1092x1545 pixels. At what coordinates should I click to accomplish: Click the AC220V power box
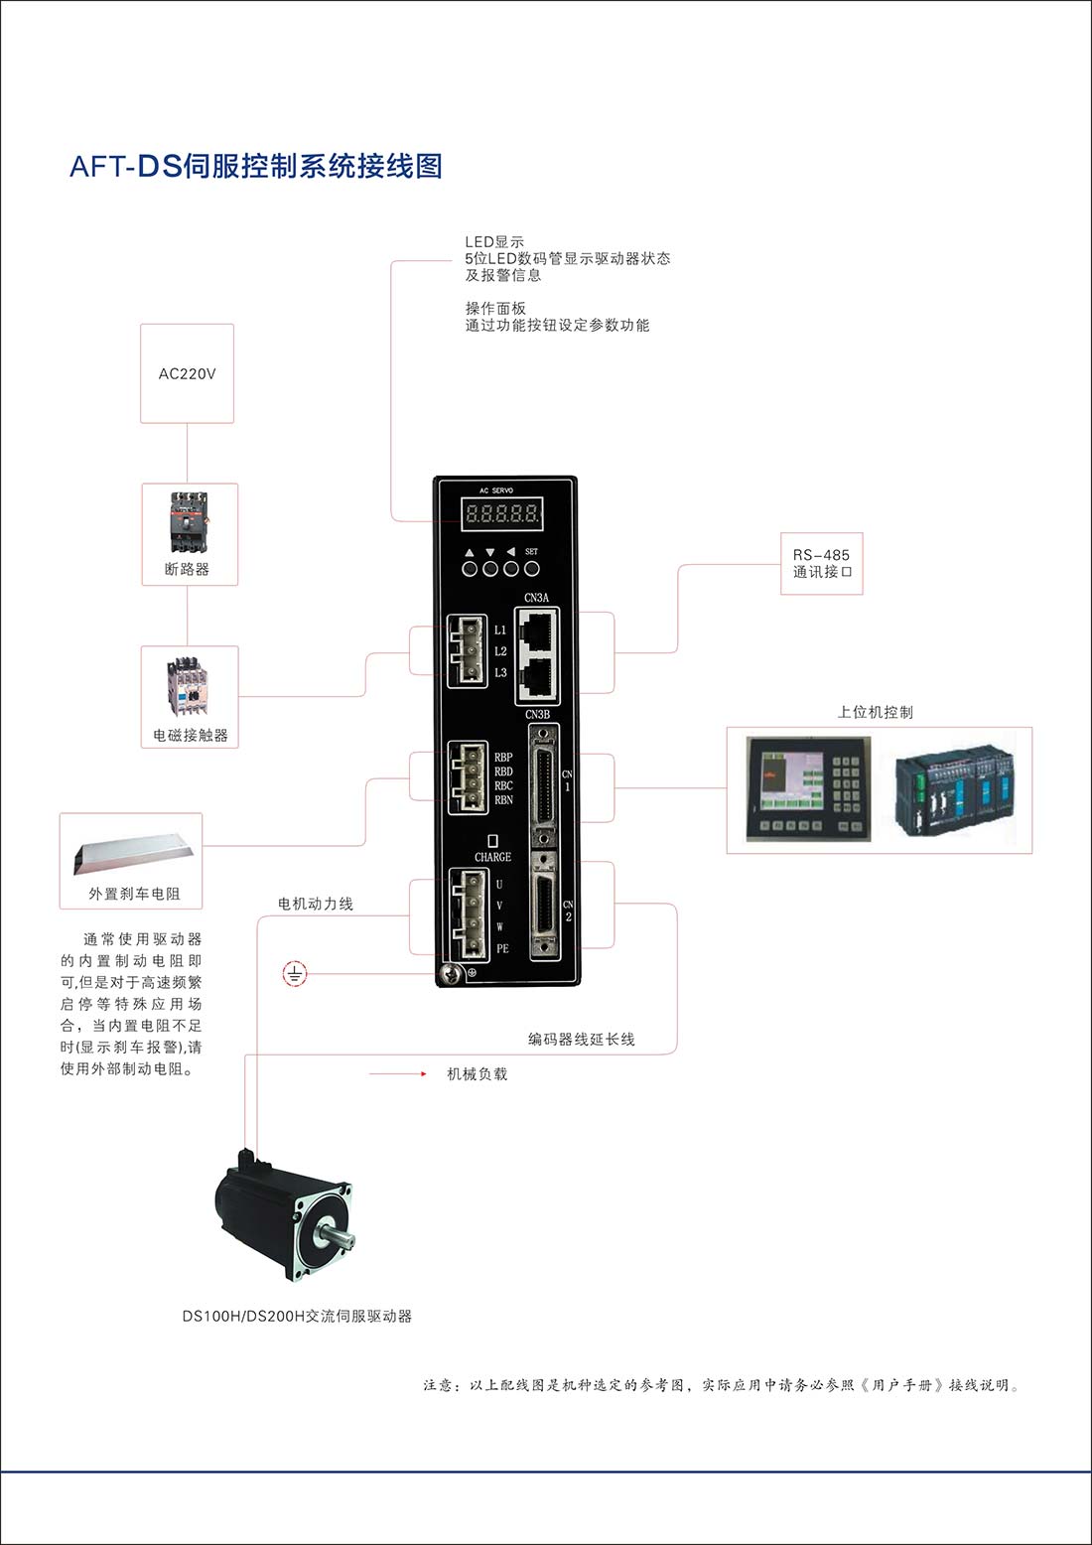point(187,373)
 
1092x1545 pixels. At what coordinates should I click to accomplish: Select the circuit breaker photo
point(188,522)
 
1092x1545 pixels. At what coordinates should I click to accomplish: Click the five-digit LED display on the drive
point(502,513)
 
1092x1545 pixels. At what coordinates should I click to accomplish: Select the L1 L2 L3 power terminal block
point(467,651)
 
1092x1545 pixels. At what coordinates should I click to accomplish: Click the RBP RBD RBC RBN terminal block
point(468,777)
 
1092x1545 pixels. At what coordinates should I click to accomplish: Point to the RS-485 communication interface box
point(821,564)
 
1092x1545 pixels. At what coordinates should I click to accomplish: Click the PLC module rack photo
point(956,793)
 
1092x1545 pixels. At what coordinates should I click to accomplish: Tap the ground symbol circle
point(295,974)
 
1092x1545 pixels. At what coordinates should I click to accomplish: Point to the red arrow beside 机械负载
point(397,1074)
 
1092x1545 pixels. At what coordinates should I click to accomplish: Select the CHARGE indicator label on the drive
point(492,857)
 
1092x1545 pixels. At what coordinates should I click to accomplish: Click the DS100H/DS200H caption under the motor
point(296,1316)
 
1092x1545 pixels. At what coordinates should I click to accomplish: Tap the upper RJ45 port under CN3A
point(537,628)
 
